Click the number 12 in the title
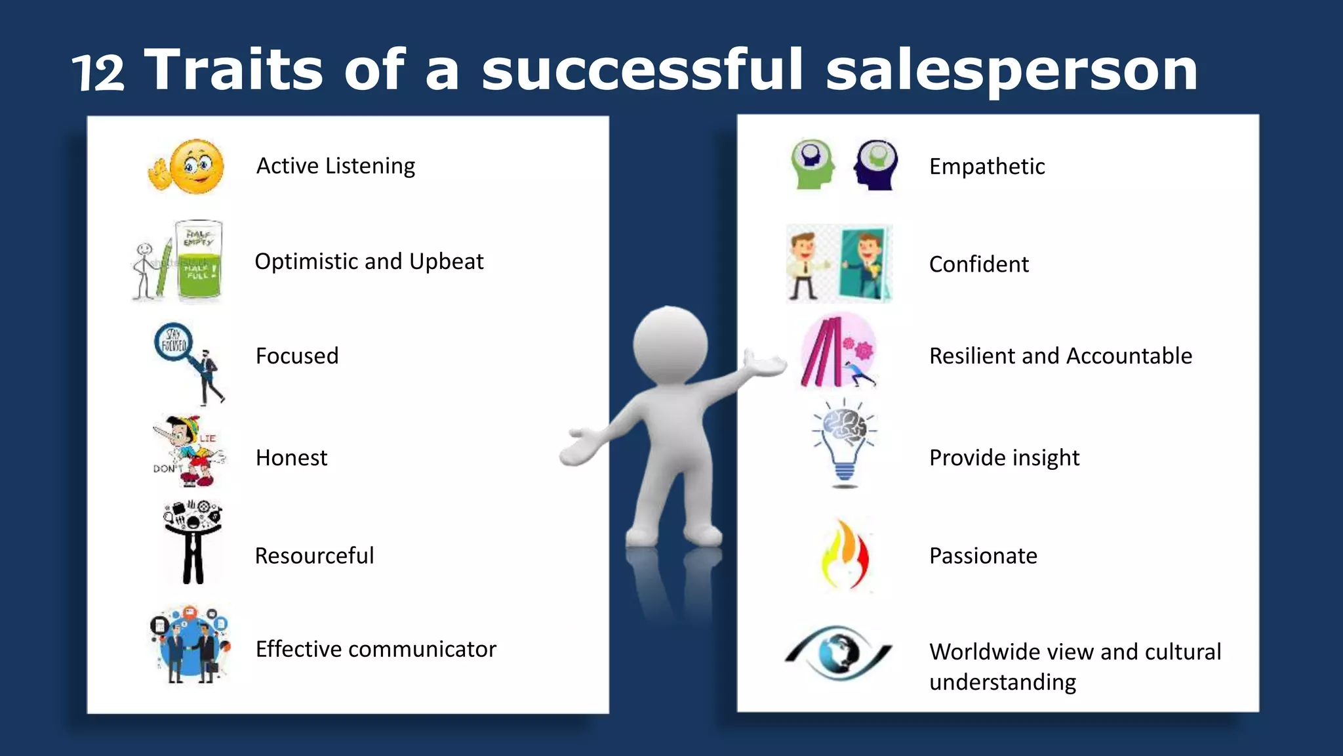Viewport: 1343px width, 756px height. [x=98, y=73]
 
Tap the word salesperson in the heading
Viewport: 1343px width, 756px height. [x=1011, y=71]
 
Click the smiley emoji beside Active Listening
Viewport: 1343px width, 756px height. [x=195, y=165]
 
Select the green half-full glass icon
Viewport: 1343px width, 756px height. [x=199, y=261]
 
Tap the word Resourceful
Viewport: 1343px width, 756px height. [x=314, y=556]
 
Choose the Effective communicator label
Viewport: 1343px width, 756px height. [x=376, y=649]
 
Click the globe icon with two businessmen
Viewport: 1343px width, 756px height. [x=190, y=644]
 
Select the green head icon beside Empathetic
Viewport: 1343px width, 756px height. [x=812, y=164]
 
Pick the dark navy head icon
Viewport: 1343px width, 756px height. [x=876, y=164]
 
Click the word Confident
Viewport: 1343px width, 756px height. [x=978, y=264]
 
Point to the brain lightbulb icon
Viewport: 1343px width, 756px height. [x=845, y=443]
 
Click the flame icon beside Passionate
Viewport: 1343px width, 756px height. [x=845, y=555]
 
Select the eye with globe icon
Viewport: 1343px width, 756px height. [x=839, y=652]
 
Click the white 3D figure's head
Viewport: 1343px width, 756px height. [x=670, y=345]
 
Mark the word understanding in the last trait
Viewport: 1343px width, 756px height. [x=1003, y=682]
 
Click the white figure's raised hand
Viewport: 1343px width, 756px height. [x=764, y=363]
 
